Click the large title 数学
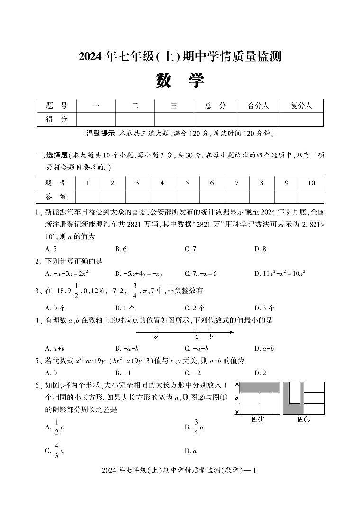[180, 81]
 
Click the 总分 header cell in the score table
[215, 106]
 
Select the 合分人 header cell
[258, 106]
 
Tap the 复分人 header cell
[301, 106]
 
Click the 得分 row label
[56, 119]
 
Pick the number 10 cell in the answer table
[311, 183]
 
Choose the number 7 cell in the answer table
[237, 183]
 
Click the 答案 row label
[56, 196]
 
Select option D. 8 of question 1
[260, 249]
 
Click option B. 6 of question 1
[121, 249]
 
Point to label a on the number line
[156, 337]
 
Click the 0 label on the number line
[197, 337]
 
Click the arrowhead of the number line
[231, 332]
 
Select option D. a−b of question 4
[264, 349]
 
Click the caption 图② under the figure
[304, 419]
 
